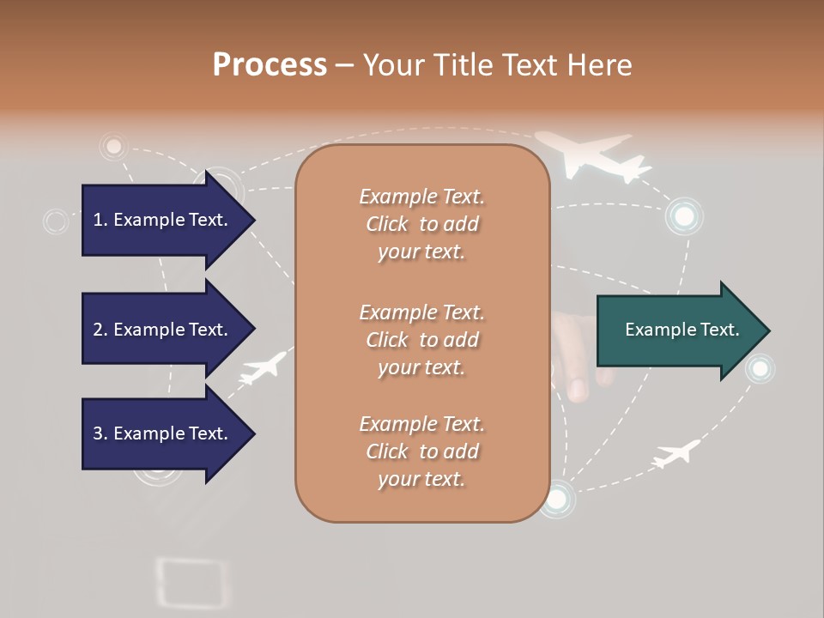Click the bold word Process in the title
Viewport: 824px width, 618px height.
coord(270,65)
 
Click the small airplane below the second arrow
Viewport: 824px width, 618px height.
coord(264,367)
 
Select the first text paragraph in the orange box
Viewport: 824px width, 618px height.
coord(421,224)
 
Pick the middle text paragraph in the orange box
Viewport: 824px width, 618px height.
coord(421,340)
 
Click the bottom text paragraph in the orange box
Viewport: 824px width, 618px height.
coord(421,451)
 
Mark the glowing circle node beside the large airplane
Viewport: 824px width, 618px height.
coord(684,216)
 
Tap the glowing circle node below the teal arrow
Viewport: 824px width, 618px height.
coord(760,369)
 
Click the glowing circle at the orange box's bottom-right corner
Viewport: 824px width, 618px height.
coord(556,498)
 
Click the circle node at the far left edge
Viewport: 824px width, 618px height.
coord(56,221)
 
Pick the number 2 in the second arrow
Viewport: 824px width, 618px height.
coord(97,330)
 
